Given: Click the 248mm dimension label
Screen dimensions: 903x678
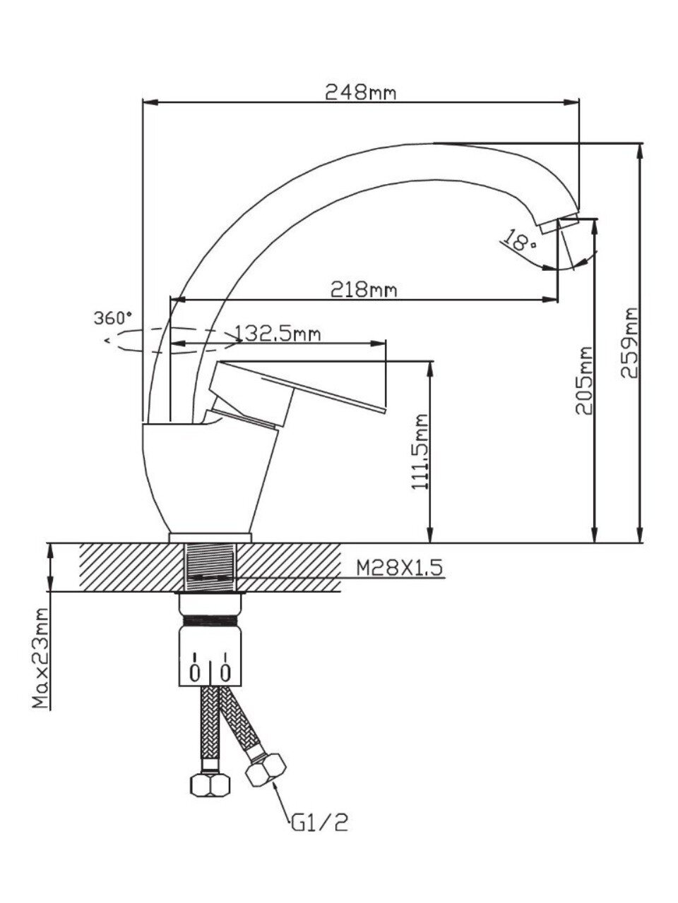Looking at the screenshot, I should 359,92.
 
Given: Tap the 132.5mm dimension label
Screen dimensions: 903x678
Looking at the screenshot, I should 278,332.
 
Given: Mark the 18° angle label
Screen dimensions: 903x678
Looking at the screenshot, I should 522,242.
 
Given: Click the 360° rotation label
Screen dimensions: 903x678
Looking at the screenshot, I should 113,317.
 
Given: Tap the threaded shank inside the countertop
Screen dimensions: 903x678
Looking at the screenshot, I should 210,567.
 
